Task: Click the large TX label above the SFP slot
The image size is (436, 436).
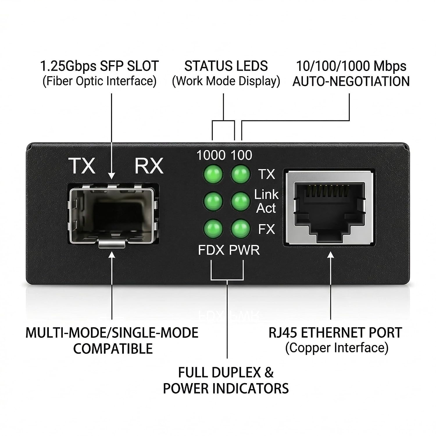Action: point(81,166)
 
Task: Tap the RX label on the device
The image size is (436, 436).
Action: point(149,166)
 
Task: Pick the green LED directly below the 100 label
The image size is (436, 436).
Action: point(240,174)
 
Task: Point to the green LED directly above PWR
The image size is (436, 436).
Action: point(240,228)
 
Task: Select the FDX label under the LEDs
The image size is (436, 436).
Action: point(211,250)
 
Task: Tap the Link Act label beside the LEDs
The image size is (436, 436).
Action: point(266,201)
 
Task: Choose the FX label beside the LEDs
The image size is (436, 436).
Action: point(267,229)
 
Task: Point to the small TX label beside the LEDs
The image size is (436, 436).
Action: point(267,174)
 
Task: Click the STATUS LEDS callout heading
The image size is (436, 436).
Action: point(226,66)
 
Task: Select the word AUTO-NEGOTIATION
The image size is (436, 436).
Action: point(351,81)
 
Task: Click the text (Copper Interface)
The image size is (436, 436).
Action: point(337,348)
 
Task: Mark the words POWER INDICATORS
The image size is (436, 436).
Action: point(226,388)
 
